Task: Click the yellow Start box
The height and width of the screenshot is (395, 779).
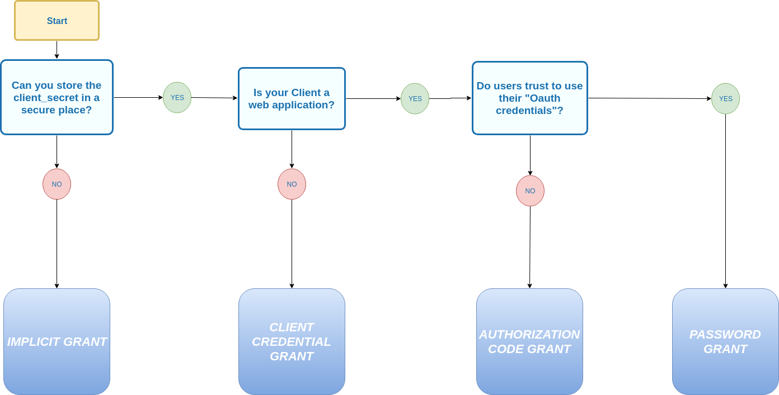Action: (57, 21)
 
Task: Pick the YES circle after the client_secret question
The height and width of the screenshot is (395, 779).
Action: (177, 98)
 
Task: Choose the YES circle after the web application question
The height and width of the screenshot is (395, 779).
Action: (415, 99)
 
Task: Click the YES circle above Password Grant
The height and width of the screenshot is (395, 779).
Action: (725, 99)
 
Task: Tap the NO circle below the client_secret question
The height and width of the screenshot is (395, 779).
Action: (57, 184)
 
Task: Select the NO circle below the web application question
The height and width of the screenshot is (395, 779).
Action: (292, 184)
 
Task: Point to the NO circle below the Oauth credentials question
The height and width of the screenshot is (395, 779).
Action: (530, 191)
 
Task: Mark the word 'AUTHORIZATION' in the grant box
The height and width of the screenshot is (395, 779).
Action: (529, 335)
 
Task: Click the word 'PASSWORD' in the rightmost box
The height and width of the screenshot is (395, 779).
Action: (725, 335)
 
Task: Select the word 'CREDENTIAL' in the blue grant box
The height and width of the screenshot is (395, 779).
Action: (292, 342)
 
